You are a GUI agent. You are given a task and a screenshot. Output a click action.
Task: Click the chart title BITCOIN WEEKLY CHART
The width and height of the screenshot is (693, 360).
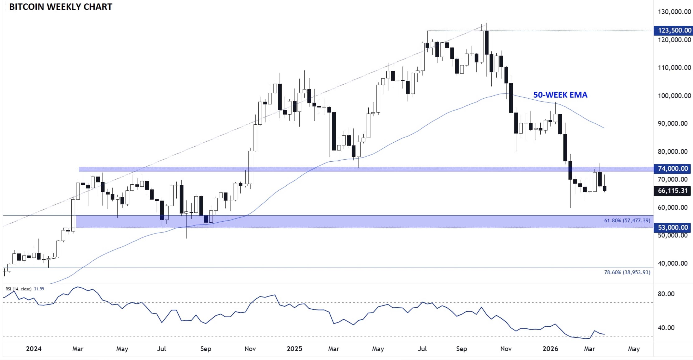pyautogui.click(x=61, y=7)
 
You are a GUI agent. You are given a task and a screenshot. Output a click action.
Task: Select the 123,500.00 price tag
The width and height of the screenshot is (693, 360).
pyautogui.click(x=673, y=30)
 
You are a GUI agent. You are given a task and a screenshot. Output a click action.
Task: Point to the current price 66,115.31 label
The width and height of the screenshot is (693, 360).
pyautogui.click(x=673, y=191)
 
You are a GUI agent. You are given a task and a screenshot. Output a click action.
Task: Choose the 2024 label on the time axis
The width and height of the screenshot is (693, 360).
pyautogui.click(x=34, y=349)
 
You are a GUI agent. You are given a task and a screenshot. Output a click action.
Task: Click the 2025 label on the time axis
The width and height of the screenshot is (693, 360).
pyautogui.click(x=294, y=349)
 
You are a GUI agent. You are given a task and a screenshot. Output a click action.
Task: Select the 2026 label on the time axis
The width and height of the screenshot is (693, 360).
pyautogui.click(x=550, y=349)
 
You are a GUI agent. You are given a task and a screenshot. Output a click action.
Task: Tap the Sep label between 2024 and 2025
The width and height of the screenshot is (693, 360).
pyautogui.click(x=206, y=349)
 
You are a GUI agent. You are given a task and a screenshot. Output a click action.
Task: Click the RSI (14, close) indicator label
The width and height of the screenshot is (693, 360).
pyautogui.click(x=18, y=289)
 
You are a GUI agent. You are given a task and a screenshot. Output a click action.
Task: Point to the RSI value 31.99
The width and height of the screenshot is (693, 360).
pyautogui.click(x=39, y=289)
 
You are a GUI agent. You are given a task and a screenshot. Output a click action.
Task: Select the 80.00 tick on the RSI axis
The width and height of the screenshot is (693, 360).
pyautogui.click(x=666, y=294)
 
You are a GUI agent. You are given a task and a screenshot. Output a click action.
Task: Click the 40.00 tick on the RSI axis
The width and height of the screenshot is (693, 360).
pyautogui.click(x=666, y=328)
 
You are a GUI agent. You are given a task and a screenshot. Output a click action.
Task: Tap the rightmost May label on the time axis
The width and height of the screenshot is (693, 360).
pyautogui.click(x=634, y=349)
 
